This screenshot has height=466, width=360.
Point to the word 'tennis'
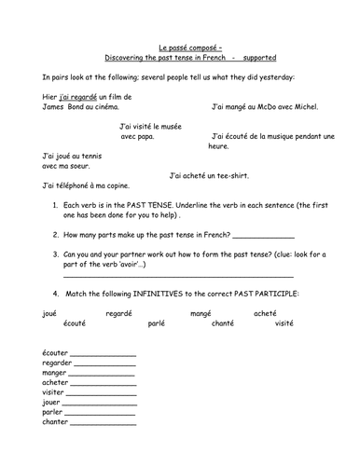point(85,156)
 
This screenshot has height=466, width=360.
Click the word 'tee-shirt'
point(229,175)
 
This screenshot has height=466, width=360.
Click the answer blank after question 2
point(263,235)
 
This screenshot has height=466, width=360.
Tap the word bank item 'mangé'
point(201,312)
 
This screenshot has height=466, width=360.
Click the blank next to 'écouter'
point(103,355)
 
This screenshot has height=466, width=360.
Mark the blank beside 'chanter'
point(103,423)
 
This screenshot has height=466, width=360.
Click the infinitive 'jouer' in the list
point(53,403)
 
